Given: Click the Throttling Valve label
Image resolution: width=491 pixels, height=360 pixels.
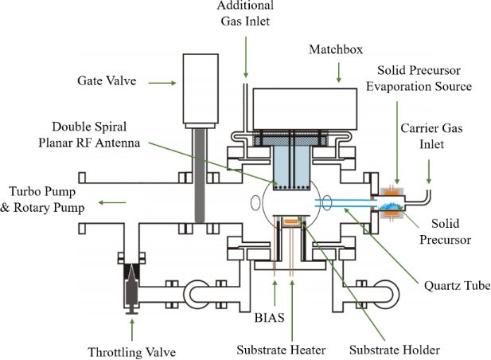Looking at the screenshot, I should (x=131, y=350).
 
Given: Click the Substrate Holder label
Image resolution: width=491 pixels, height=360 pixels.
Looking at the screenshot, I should (x=395, y=350).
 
